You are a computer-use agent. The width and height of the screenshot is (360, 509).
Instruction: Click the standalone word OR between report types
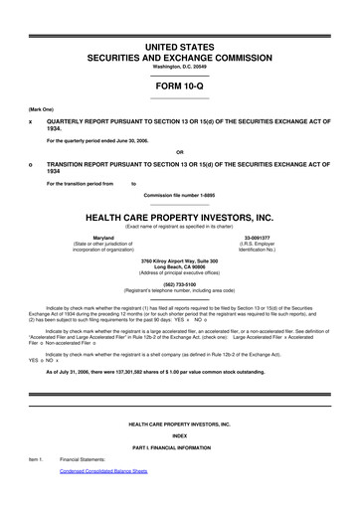coord(180,152)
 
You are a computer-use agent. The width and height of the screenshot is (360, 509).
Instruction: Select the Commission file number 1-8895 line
coord(180,195)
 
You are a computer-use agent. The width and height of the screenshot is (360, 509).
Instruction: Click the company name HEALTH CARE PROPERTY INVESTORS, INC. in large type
coord(180,218)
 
